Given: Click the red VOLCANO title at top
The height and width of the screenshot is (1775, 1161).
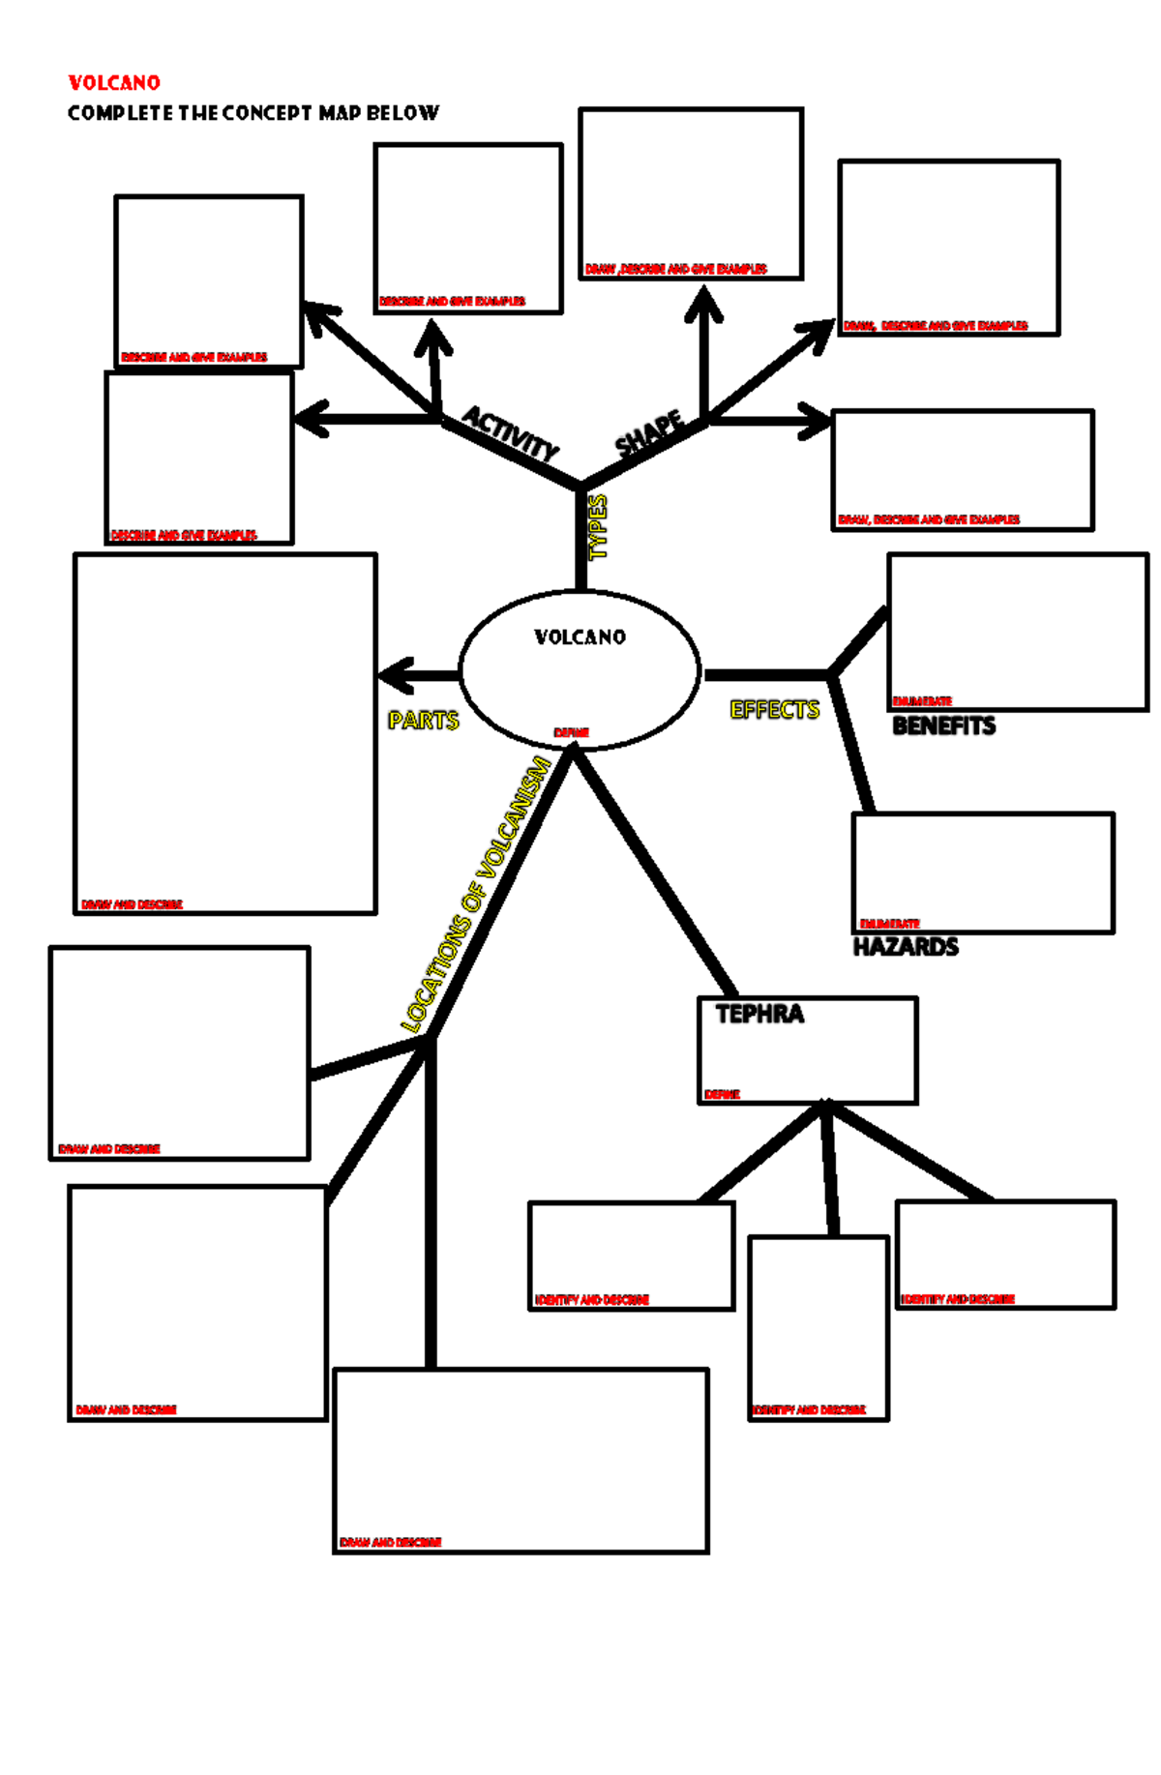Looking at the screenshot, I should click(x=114, y=82).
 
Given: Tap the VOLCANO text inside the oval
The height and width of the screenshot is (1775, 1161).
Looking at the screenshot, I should click(x=580, y=636).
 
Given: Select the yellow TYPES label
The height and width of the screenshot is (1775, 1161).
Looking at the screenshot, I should click(x=598, y=526).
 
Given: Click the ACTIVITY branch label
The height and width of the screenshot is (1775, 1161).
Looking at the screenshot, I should click(x=510, y=432).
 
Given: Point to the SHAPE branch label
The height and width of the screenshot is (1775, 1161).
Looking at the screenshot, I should click(x=650, y=432).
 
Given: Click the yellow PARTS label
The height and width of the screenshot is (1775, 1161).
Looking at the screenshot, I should click(x=423, y=720).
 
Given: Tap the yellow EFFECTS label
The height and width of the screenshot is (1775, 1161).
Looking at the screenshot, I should click(x=774, y=709).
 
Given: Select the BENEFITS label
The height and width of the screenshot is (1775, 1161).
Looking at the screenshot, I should click(x=943, y=725).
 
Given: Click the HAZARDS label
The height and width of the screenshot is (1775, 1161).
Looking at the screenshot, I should click(x=906, y=946).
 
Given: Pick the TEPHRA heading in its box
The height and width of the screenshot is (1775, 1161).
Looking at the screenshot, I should click(x=759, y=1014).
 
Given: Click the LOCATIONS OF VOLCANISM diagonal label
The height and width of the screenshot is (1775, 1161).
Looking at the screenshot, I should click(x=476, y=894).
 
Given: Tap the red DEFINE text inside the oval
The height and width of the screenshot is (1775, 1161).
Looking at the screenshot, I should click(x=571, y=732).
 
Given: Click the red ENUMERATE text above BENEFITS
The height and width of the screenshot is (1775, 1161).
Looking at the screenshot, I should click(x=922, y=700).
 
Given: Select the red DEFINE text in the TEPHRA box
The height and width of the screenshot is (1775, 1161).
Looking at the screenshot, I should click(x=722, y=1094).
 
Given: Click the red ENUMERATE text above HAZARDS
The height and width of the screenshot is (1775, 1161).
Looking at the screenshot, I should click(x=889, y=924).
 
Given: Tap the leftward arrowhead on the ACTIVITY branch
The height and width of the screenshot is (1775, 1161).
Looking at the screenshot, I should click(x=310, y=420).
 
